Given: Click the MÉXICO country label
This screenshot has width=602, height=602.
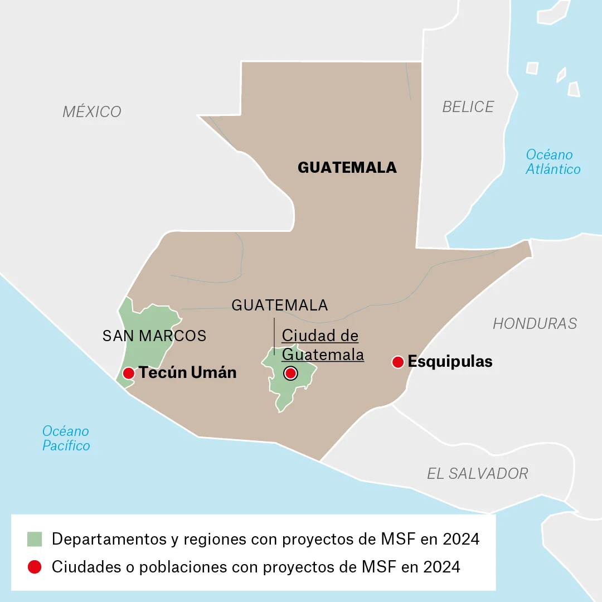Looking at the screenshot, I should tap(92, 111).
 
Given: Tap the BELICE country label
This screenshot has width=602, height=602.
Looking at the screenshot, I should tap(468, 107).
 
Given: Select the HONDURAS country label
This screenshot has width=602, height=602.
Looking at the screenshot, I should tap(535, 323).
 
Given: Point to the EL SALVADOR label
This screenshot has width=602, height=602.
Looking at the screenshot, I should tap(477, 473).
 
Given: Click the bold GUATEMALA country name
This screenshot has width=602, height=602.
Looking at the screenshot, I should tap(347, 168).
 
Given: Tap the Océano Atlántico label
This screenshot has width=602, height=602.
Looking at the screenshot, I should tap(552, 162).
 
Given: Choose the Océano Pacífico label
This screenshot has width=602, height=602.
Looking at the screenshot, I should tap(66, 439).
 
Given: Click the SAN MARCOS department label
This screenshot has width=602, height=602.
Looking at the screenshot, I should tap(154, 336).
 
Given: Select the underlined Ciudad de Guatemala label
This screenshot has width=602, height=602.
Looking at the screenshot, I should tap(323, 345).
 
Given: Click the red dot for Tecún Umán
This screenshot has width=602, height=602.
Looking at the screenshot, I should tap(128, 373).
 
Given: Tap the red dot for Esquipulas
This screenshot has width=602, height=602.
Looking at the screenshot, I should tap(397, 362).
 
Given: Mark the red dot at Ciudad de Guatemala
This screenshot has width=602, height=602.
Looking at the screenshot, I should tap(290, 373).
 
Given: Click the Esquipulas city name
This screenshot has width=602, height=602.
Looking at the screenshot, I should tap(450, 362).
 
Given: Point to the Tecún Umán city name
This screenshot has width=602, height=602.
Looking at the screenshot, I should tap(187, 373).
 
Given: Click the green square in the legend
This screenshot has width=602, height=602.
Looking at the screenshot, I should tap(35, 539).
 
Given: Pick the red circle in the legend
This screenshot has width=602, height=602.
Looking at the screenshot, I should tap(35, 567).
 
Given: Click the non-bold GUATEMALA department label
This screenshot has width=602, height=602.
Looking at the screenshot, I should tap(279, 305).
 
